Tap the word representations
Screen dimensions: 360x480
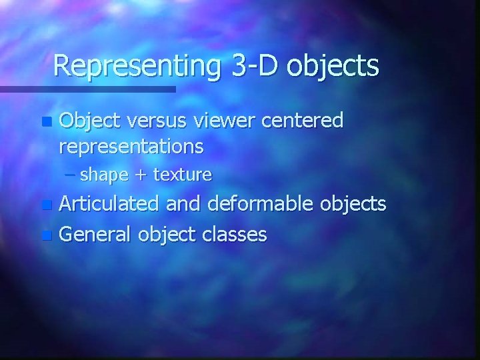click(132, 145)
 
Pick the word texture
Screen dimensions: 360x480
click(182, 175)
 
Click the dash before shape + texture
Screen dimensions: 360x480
click(71, 175)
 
